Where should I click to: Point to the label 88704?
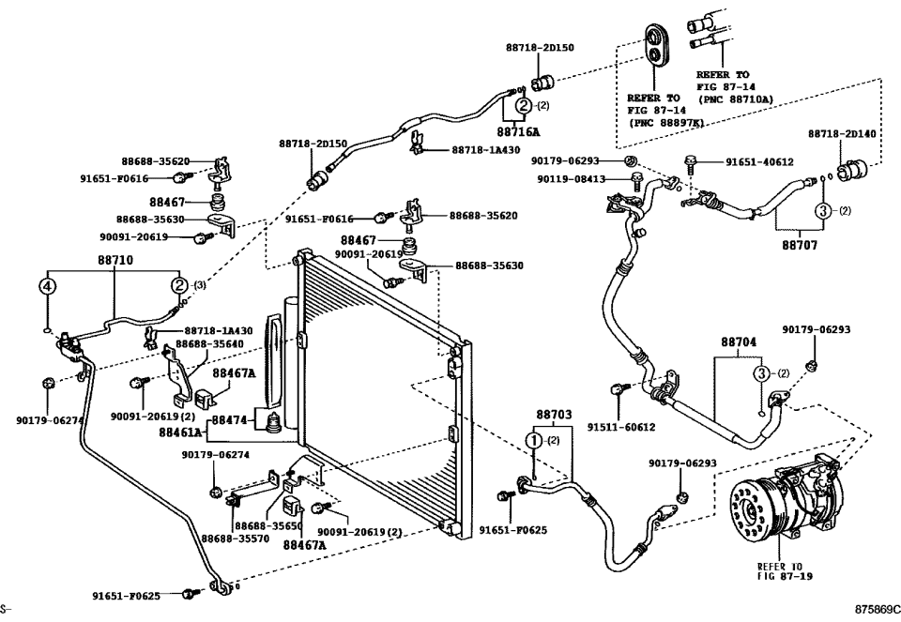(x=738, y=343)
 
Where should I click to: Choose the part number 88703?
(x=553, y=414)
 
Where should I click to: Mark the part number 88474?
(x=229, y=420)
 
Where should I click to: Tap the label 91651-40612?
(x=759, y=161)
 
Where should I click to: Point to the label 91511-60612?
(x=620, y=427)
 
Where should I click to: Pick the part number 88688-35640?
(x=210, y=344)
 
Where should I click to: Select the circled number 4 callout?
(x=48, y=286)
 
